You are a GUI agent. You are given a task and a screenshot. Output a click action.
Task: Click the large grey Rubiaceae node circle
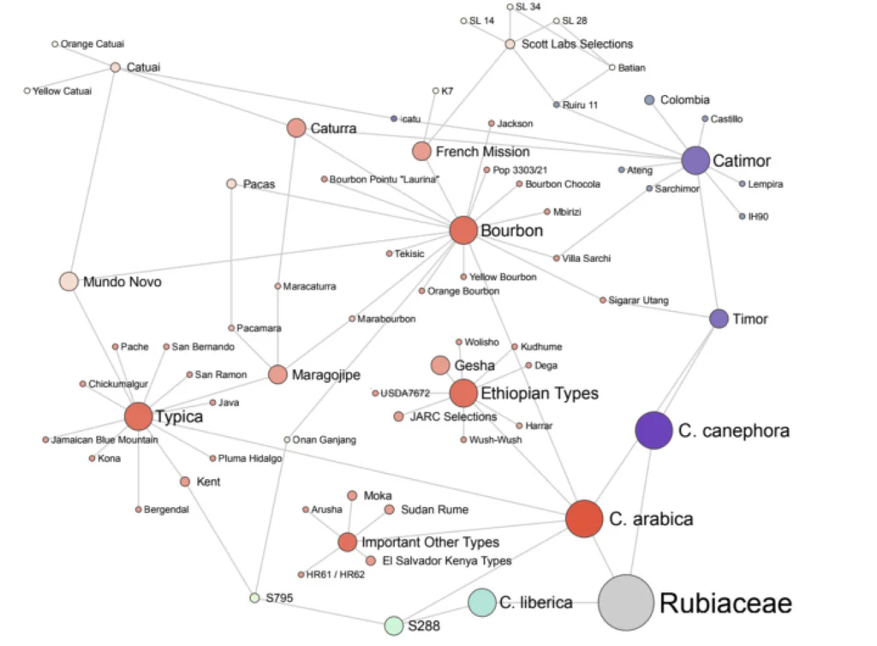(x=626, y=602)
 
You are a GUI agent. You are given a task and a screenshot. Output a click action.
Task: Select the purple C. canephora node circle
(x=653, y=430)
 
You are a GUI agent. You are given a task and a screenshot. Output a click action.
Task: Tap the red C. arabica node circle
(x=584, y=518)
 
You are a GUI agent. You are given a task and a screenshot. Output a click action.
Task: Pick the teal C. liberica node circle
(x=481, y=602)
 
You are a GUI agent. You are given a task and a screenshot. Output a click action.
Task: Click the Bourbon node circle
(x=462, y=230)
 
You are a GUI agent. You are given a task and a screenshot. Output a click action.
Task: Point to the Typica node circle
(x=138, y=416)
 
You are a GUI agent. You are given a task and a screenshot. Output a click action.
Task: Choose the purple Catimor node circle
(x=695, y=160)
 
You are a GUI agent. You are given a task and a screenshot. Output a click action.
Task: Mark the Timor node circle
(x=719, y=319)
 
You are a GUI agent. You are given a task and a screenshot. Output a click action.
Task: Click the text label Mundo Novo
(x=122, y=282)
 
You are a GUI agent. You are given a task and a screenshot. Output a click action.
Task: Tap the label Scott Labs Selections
(x=577, y=44)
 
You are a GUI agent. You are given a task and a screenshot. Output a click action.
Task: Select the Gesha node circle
(x=440, y=366)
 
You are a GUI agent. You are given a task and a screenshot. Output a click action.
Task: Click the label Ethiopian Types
(x=539, y=394)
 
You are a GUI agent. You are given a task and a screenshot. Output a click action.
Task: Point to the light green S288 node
(x=393, y=625)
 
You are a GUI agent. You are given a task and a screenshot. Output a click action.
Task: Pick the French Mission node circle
(x=421, y=152)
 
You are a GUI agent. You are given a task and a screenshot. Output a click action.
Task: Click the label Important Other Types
(x=430, y=542)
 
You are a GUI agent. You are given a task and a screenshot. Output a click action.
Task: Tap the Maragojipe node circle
(x=277, y=374)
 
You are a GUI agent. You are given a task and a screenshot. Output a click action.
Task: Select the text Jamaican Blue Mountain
(x=104, y=440)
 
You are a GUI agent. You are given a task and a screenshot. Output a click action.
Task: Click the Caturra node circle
(x=296, y=129)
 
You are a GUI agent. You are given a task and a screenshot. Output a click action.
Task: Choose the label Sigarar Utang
(x=639, y=300)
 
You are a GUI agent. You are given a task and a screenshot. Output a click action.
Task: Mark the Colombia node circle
(x=649, y=100)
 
